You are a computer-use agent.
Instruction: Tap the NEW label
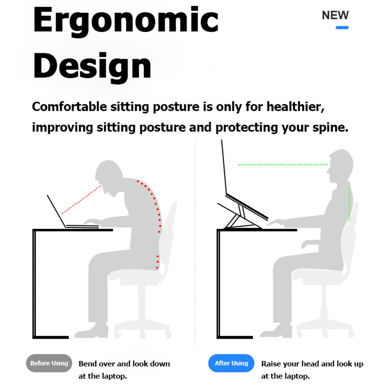coord(335,15)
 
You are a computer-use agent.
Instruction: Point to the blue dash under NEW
coord(342,28)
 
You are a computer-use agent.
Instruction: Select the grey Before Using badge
coord(49,363)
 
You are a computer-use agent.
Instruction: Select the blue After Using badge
coord(231,363)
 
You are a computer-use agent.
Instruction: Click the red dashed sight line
coord(81,200)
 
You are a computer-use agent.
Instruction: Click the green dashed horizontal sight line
coord(283,165)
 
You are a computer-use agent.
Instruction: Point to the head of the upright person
coord(341,165)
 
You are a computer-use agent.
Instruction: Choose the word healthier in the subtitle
coord(294,107)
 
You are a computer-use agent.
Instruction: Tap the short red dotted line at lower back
coord(157,262)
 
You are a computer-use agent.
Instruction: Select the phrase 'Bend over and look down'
coord(124,364)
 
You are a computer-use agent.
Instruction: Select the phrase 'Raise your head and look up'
coord(312,364)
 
